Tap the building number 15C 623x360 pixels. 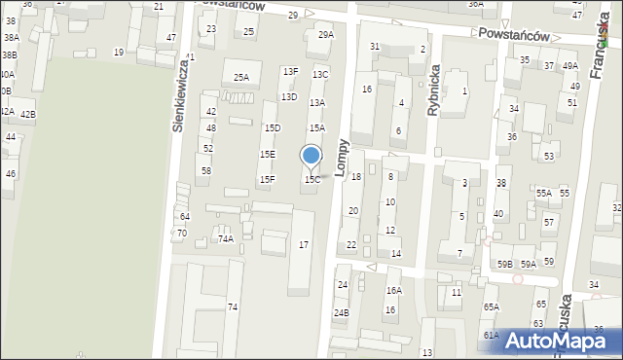pos(311,180)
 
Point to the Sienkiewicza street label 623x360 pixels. pos(179,98)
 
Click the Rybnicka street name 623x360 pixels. pos(434,95)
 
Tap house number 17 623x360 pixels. pos(304,244)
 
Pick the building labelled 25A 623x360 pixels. pos(240,77)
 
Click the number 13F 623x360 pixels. pos(290,71)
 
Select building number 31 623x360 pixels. pos(374,47)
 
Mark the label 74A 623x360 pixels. pos(226,238)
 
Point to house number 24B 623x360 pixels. pos(341,312)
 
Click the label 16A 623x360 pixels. pos(393,290)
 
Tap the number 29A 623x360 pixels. pos(325,34)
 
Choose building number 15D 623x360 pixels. pos(274,127)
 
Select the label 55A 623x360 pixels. pos(543,193)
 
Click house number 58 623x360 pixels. pos(205,170)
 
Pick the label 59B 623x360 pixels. pos(504,264)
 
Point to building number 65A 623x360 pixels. pos(491,307)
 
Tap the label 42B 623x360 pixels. pos(28,115)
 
